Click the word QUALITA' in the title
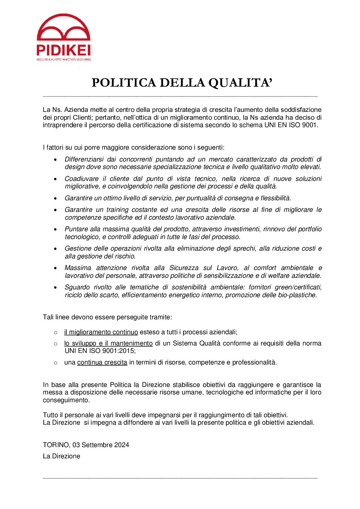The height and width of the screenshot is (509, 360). point(240,83)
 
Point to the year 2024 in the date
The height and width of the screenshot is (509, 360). point(121,445)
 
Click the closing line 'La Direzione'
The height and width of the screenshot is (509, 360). point(62,456)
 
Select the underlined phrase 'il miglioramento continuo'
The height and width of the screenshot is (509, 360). point(101,332)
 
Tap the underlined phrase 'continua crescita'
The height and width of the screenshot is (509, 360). point(102,362)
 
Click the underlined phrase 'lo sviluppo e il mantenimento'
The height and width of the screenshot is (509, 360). point(108,343)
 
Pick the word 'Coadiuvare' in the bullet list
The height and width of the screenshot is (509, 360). point(81,179)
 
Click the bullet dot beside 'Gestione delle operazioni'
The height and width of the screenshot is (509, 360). point(55,249)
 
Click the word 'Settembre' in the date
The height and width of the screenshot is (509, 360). point(97,445)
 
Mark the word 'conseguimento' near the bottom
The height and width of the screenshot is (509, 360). point(66,400)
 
